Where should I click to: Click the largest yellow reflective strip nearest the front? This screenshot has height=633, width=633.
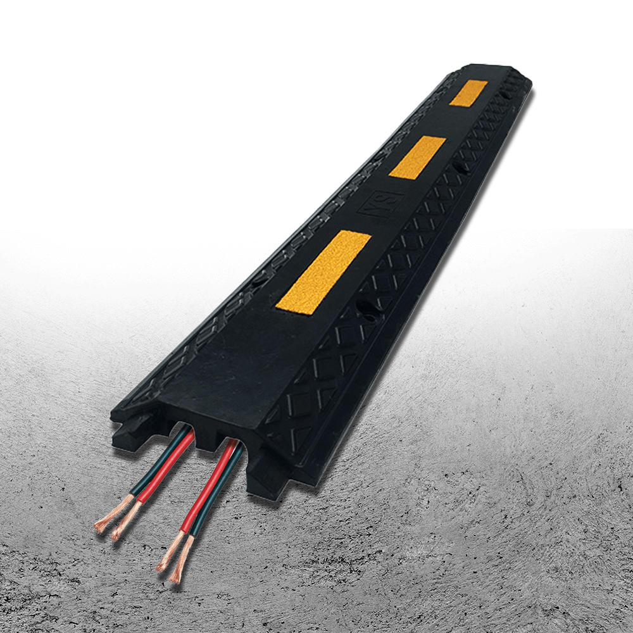tap(323, 272)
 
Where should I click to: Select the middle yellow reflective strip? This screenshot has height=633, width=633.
tap(417, 158)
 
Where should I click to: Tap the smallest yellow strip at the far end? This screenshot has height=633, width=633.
tap(468, 93)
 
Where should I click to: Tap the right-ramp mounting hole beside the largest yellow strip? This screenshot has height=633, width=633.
tap(366, 308)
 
